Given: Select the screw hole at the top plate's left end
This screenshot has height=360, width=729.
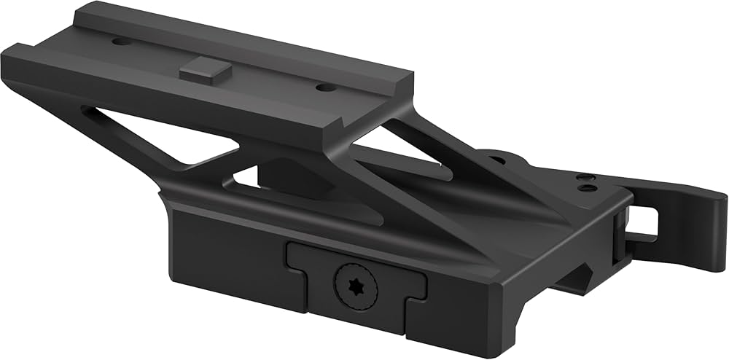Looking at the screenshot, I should pyautogui.click(x=121, y=42).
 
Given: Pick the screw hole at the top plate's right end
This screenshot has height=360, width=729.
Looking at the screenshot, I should pyautogui.click(x=325, y=87).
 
